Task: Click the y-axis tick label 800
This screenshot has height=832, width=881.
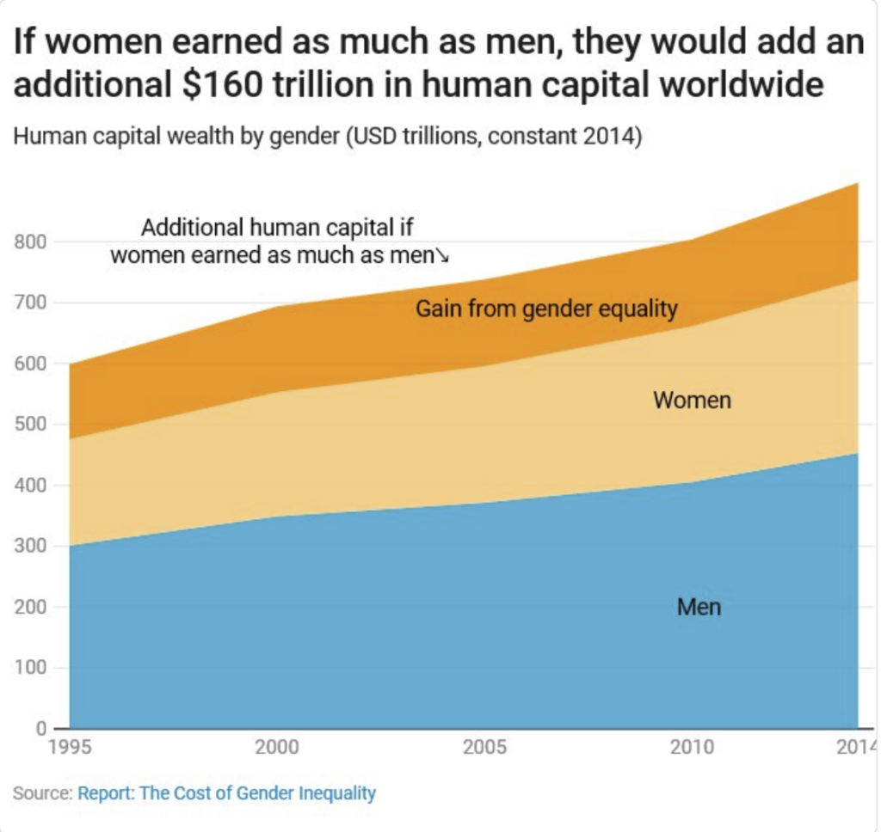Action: tap(31, 242)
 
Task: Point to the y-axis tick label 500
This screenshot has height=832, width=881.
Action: tap(31, 425)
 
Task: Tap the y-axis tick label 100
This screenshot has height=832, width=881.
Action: tap(31, 669)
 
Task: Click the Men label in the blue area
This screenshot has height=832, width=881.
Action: tap(699, 608)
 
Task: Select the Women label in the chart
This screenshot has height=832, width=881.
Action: tap(692, 401)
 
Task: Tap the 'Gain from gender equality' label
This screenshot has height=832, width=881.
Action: tap(546, 309)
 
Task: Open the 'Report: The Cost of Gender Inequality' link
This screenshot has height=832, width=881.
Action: tap(226, 793)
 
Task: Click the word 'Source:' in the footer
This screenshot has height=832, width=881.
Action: tap(42, 793)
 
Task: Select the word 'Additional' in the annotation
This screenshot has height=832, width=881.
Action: tap(191, 229)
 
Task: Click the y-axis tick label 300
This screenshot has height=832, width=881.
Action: tap(31, 547)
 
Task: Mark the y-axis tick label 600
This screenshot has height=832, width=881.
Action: tap(31, 364)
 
